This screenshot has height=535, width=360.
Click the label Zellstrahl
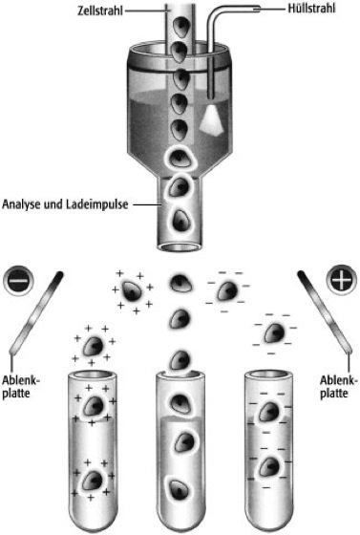[x=100, y=11]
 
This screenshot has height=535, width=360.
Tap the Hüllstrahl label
[x=311, y=9]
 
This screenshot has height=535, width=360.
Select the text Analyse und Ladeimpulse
[x=66, y=204]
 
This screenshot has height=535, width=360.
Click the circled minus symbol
[x=19, y=281]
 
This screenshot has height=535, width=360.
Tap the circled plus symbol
[x=341, y=281]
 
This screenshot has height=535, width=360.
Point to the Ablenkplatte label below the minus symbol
[x=21, y=387]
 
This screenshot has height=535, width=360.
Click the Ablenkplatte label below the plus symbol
[x=339, y=387]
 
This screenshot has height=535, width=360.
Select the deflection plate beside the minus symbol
[x=36, y=312]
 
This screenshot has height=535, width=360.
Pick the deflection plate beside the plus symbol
[x=326, y=311]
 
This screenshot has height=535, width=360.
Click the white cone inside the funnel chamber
[x=212, y=119]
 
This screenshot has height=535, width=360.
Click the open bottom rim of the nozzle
[x=180, y=246]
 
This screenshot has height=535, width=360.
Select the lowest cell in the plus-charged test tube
[x=93, y=480]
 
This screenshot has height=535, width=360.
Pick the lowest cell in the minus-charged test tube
[x=269, y=467]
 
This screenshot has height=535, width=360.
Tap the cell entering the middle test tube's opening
[x=180, y=362]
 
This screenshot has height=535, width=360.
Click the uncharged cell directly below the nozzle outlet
[x=180, y=283]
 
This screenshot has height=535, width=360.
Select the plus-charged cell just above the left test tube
[x=93, y=346]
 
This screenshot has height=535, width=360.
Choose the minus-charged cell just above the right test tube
[x=274, y=333]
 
